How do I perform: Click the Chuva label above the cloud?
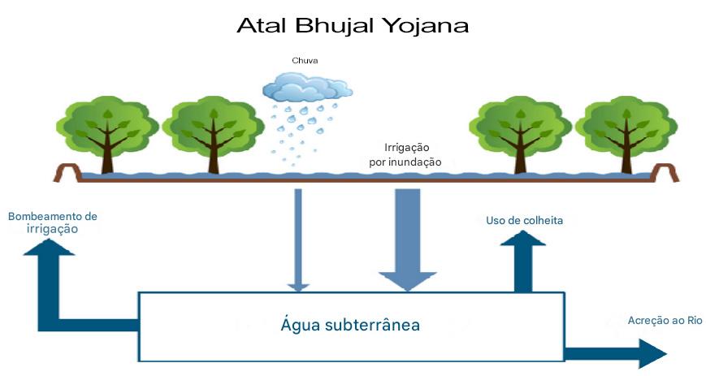(x=305, y=60)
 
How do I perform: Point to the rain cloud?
(x=308, y=86)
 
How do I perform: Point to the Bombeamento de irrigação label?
(x=52, y=223)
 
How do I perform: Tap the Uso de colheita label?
(x=524, y=220)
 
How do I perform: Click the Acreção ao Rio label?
(x=665, y=321)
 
